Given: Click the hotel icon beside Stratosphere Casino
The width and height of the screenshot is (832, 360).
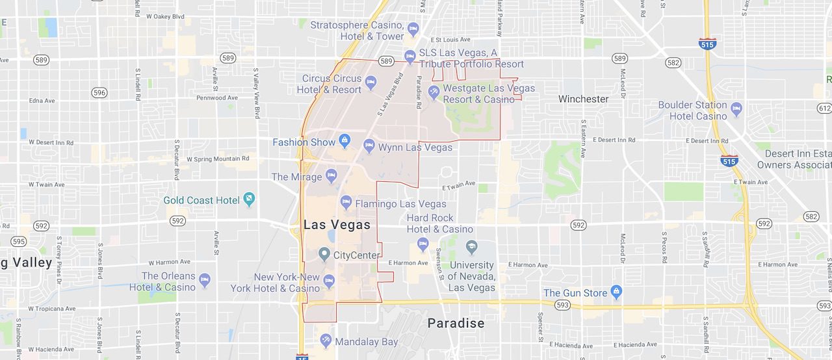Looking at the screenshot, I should [412, 29].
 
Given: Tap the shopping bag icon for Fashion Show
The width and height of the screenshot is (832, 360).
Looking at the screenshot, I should [344, 140].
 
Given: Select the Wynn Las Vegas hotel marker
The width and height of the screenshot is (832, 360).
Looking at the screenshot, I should [369, 146].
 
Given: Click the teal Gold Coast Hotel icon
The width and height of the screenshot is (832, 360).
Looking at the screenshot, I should [248, 199].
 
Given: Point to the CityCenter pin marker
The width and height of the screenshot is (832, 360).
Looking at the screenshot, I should [324, 253].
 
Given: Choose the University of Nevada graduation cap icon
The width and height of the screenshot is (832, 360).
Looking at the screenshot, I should [471, 248].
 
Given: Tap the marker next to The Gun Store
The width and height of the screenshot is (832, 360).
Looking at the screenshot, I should [616, 292].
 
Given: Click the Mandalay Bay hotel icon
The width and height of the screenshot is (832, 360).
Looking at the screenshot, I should [326, 341].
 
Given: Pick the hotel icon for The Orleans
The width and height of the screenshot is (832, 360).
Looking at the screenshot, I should [205, 280].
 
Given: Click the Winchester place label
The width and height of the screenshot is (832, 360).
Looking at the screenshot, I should [584, 99].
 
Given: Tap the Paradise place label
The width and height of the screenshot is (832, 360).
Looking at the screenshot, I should [456, 323].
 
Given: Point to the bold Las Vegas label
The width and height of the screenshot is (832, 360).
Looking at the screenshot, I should [337, 225].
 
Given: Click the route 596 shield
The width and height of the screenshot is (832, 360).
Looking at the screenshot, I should [99, 93].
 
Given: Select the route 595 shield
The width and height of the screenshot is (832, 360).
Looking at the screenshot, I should [19, 242].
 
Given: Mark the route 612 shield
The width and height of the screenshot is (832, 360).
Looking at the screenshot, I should [824, 108].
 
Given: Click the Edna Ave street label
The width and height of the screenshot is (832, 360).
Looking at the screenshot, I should [42, 101].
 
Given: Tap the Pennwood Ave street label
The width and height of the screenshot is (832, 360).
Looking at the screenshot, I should [216, 98].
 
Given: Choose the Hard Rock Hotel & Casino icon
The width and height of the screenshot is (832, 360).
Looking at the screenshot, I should [423, 244].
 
